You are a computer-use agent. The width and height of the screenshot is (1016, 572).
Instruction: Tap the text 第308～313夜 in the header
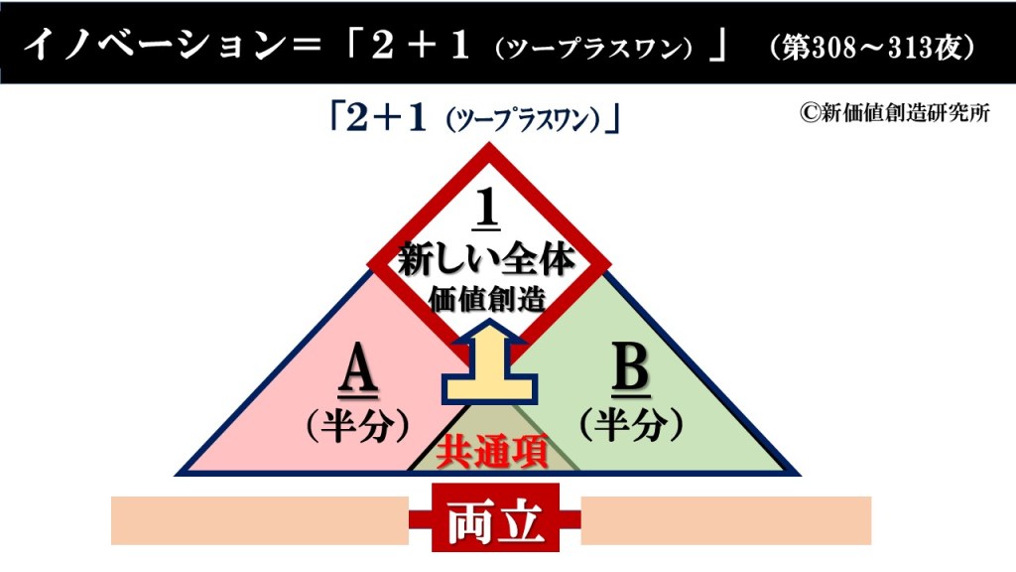pyautogui.click(x=872, y=47)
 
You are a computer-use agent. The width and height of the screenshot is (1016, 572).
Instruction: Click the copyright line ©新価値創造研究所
pyautogui.click(x=895, y=113)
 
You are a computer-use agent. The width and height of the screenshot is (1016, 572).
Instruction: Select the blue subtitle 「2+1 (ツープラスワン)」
pyautogui.click(x=475, y=119)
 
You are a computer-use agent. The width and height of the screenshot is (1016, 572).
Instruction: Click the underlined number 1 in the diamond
pyautogui.click(x=487, y=209)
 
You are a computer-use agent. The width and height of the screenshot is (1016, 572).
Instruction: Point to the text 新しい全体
pyautogui.click(x=486, y=260)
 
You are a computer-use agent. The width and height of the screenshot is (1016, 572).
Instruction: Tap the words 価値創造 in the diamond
pyautogui.click(x=487, y=299)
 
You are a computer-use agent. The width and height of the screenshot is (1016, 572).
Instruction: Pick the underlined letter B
pyautogui.click(x=630, y=370)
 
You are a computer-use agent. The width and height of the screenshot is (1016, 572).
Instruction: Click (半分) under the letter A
pyautogui.click(x=358, y=426)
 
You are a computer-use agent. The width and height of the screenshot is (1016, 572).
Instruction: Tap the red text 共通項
pyautogui.click(x=491, y=451)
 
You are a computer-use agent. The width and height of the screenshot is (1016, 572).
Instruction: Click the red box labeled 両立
pyautogui.click(x=496, y=518)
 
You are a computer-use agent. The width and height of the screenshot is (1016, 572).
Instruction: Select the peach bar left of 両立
pyautogui.click(x=260, y=520)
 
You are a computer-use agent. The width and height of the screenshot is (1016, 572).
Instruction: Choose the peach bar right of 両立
pyautogui.click(x=725, y=520)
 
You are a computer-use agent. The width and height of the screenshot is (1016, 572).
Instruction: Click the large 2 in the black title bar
pyautogui.click(x=382, y=47)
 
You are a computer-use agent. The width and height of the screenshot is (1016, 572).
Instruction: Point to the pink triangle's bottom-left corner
pyautogui.click(x=177, y=475)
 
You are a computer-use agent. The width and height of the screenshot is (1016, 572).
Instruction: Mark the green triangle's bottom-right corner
pyautogui.click(x=801, y=475)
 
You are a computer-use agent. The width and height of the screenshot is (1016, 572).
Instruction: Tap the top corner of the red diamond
pyautogui.click(x=489, y=143)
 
